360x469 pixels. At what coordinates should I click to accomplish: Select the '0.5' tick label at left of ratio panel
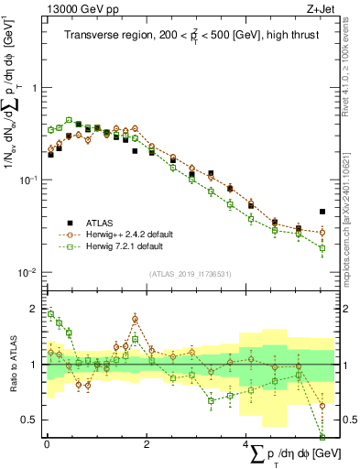pos(31,420)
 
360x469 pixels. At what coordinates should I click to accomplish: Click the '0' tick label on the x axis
pos(47,444)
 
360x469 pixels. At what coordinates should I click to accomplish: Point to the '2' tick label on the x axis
pos(147,444)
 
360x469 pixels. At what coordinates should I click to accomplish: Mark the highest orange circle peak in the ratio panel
pos(135,319)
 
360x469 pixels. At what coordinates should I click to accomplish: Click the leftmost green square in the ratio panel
pos(50,313)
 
